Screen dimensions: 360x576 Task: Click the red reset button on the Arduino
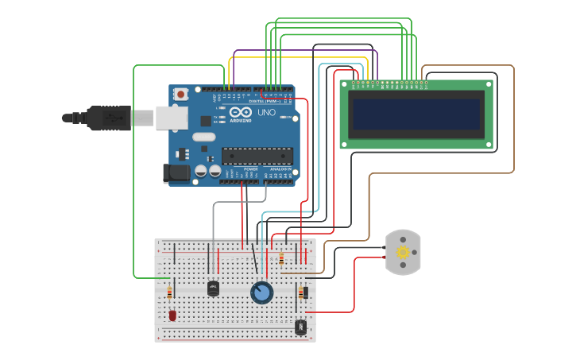[180, 94]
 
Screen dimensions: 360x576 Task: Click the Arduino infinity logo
[240, 112]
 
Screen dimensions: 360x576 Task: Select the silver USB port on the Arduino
[172, 118]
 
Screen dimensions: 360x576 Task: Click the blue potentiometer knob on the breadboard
[261, 293]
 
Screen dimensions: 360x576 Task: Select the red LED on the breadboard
[172, 315]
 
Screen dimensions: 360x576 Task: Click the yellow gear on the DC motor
[403, 253]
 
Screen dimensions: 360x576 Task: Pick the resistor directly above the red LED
[169, 294]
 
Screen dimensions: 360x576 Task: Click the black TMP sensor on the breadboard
[213, 288]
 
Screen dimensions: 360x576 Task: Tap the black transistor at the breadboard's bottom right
[300, 326]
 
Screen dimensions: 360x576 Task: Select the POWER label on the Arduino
[250, 169]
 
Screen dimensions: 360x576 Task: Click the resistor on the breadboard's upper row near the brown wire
[281, 259]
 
